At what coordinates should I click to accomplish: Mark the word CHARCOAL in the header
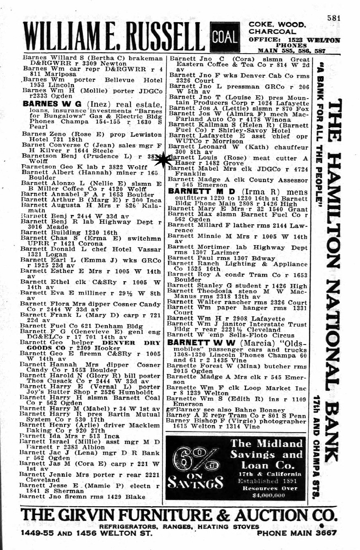[x=270, y=32]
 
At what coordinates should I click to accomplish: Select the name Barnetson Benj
[x=44, y=156]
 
